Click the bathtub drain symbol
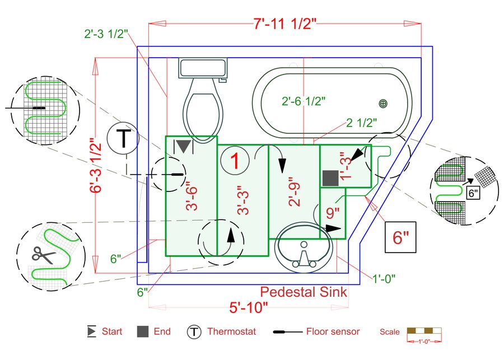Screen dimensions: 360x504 [x=383, y=103]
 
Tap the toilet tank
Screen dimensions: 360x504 [x=203, y=68]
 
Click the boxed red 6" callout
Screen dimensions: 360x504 [x=402, y=237]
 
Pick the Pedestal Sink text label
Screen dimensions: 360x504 [x=304, y=292]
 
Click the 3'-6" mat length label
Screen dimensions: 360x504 [x=192, y=198]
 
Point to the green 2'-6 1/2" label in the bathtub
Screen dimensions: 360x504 [x=304, y=101]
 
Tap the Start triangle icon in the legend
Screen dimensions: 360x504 [x=91, y=331]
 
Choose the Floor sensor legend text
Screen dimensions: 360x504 [x=333, y=331]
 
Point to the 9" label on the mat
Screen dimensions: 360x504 [x=333, y=213]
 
